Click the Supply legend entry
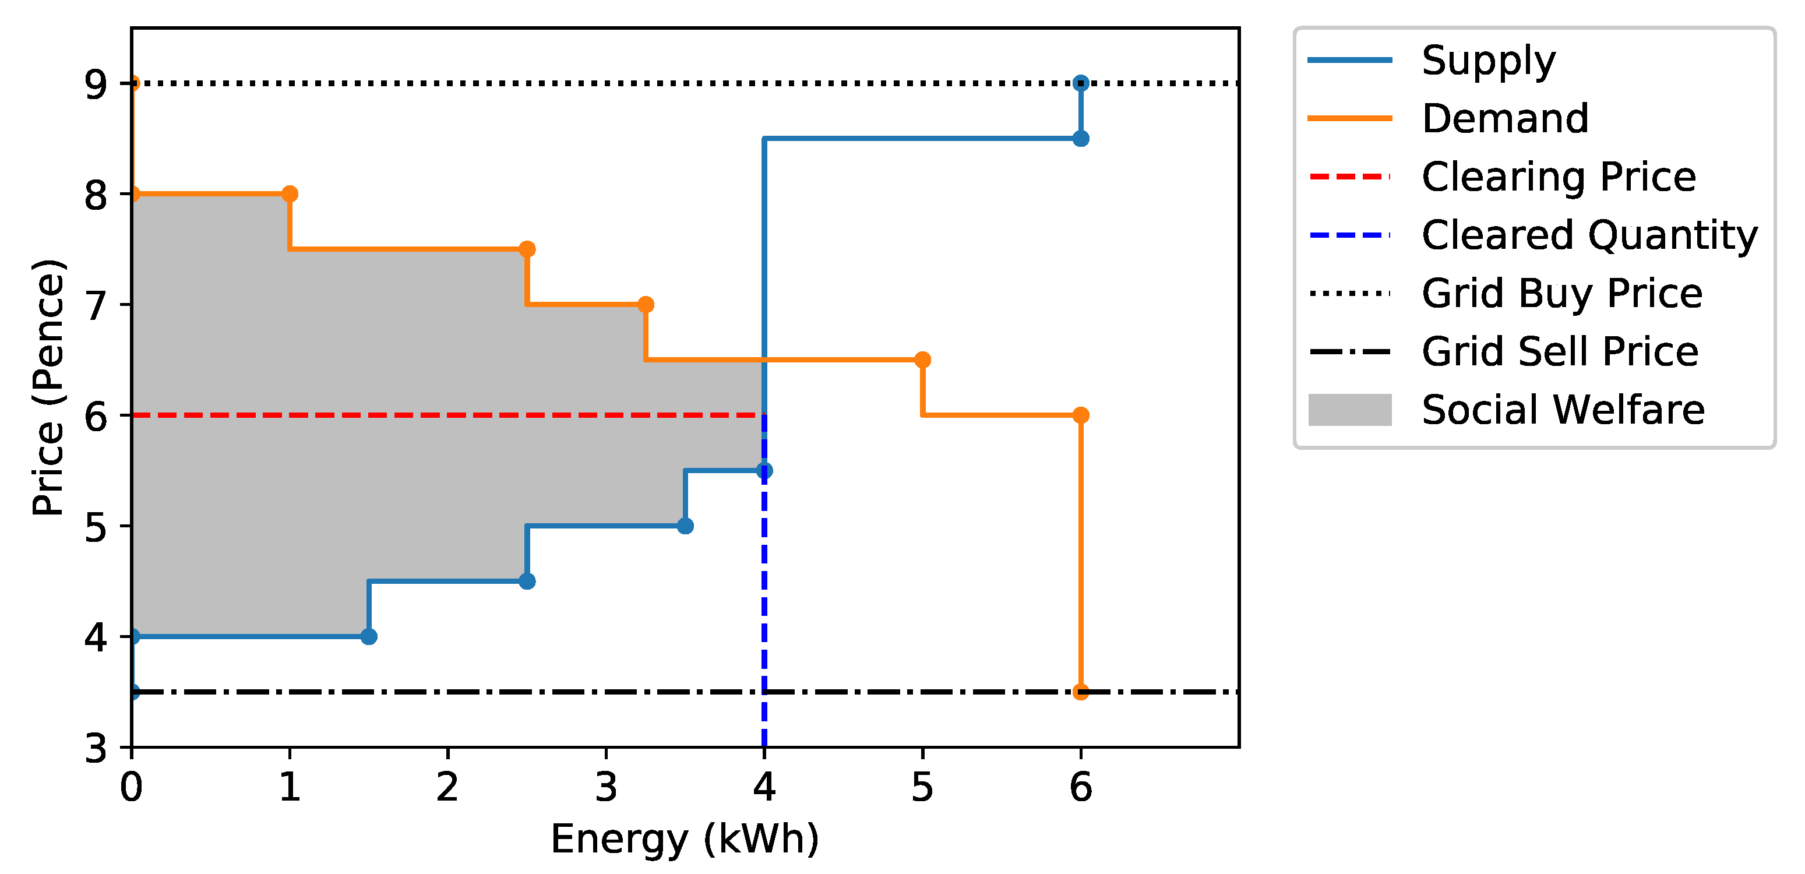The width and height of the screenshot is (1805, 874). point(1487,60)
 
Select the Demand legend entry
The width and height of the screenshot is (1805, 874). point(1504,118)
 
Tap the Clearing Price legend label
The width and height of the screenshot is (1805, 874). point(1559,177)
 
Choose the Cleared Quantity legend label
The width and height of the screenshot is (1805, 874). point(1589,235)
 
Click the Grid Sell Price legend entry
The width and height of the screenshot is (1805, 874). point(1560,351)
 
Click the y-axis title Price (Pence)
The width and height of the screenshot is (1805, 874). point(48,387)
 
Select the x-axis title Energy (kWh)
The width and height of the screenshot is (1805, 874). point(685,839)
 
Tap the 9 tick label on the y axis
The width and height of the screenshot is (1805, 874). point(96,84)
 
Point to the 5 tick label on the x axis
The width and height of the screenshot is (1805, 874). point(922,787)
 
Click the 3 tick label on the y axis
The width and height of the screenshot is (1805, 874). point(96,748)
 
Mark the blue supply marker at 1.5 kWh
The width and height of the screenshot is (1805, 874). point(369,636)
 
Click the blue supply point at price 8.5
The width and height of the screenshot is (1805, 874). point(1080,139)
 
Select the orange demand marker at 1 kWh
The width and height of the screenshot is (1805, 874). point(290,194)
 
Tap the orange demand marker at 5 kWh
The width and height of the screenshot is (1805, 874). point(922,360)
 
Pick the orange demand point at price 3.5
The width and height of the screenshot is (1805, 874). point(1080,692)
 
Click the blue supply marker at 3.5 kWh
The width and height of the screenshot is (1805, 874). point(685,526)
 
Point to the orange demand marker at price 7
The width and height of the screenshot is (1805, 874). point(646,305)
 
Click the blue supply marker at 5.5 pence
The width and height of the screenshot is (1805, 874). point(764,470)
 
